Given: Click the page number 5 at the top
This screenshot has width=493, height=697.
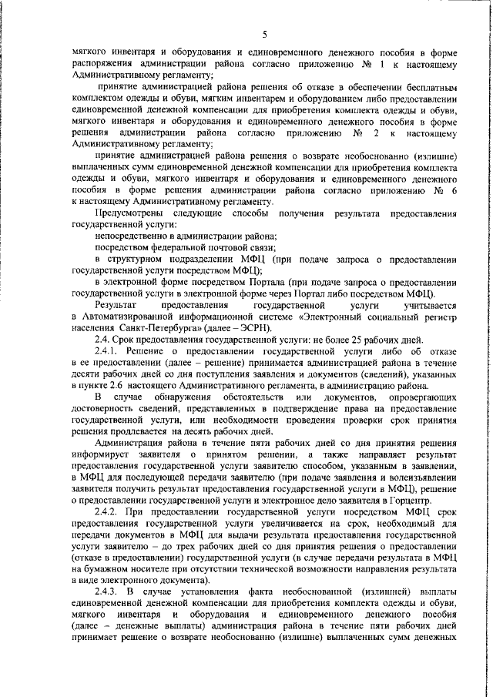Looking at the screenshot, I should [x=264, y=34].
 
